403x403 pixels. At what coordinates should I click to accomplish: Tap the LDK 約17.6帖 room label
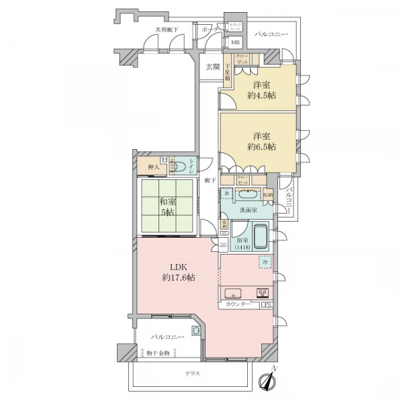176,271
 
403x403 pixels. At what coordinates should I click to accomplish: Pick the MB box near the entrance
234,43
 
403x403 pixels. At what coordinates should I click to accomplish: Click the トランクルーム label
236,27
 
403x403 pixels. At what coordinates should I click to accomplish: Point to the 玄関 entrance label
212,66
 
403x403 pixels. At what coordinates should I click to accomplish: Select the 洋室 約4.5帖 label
263,89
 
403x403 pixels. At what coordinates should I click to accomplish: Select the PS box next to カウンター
267,306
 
